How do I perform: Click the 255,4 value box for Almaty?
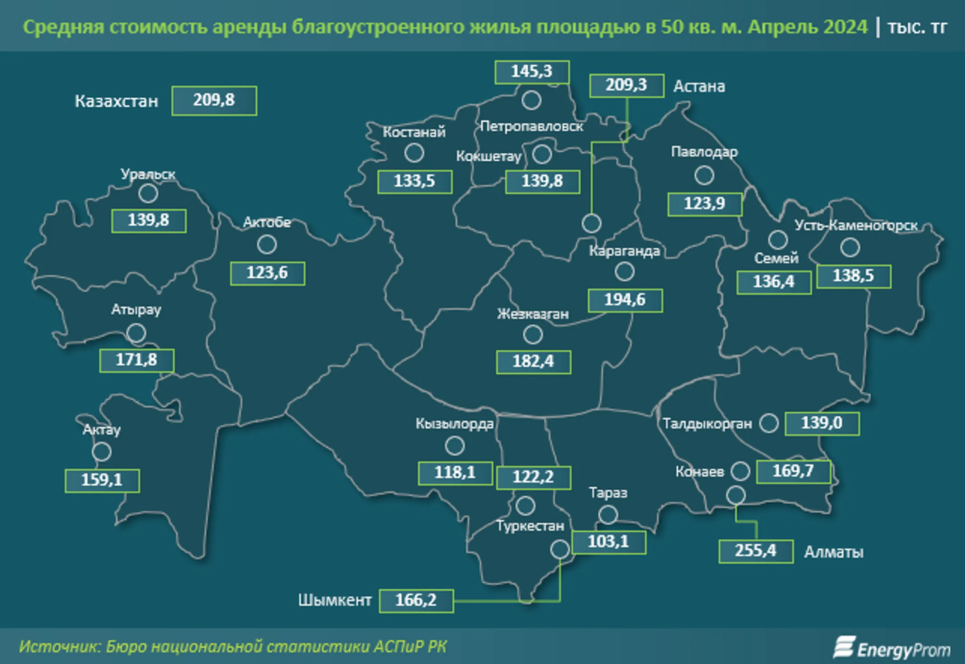(x=755, y=551)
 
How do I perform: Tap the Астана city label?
(x=699, y=86)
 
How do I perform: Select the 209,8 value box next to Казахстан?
(x=214, y=100)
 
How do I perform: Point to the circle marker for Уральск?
(x=148, y=194)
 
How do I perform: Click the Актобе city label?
(x=267, y=222)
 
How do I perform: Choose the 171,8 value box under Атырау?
(x=137, y=360)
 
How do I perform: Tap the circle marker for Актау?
(x=101, y=452)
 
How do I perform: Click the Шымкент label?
(x=335, y=600)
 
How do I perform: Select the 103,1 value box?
(x=608, y=542)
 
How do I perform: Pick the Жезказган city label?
(x=533, y=314)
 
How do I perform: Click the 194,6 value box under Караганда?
(x=625, y=300)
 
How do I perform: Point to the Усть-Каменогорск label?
(x=856, y=226)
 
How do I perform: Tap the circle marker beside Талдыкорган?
(x=769, y=422)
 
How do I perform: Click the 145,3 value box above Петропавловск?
(x=532, y=71)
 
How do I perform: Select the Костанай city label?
(x=414, y=132)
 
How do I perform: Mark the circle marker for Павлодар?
(x=704, y=175)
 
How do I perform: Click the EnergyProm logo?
(x=891, y=648)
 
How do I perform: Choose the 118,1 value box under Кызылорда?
(x=455, y=473)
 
